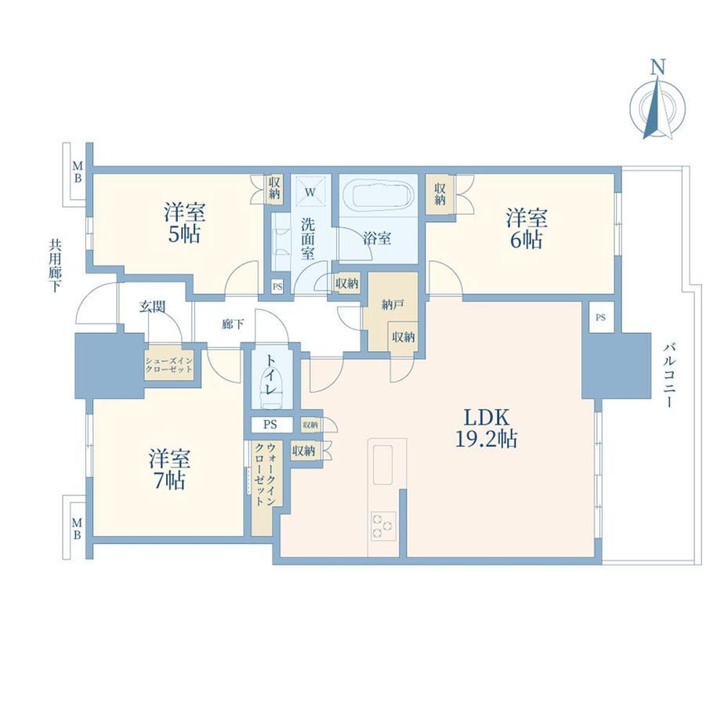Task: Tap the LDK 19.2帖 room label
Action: coord(486,429)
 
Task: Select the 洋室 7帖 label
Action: coord(169,469)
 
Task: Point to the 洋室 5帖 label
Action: coord(184,223)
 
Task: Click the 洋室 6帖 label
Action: coord(527,229)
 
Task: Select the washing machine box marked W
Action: coord(310,192)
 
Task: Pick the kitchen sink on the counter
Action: coord(382,465)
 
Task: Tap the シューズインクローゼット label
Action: coord(168,365)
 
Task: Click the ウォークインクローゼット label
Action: coord(266,474)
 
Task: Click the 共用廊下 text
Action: coord(55,266)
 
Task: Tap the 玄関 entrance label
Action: coord(152,306)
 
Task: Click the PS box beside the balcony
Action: coord(600,317)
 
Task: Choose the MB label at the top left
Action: coord(78,171)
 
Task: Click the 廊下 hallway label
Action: coord(233,324)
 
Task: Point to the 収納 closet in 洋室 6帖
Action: coord(440,194)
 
